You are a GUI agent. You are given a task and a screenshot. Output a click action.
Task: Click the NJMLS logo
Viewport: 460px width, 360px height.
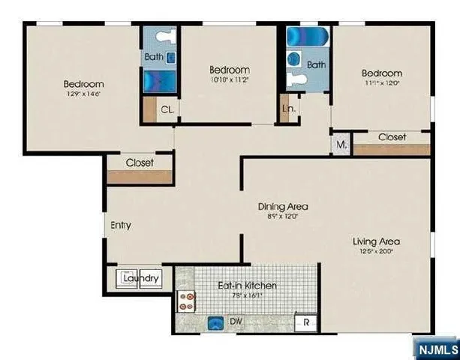[x=435, y=349]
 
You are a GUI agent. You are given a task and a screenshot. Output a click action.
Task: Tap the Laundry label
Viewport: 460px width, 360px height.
[x=141, y=279]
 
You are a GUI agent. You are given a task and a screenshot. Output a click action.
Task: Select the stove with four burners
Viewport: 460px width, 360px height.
[x=187, y=301]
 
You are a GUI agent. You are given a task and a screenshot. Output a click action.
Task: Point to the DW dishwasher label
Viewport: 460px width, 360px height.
[x=236, y=322]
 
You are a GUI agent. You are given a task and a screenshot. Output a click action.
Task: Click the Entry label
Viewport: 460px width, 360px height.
[x=121, y=225]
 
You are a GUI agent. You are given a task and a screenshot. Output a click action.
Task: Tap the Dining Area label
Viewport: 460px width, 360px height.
[x=283, y=206]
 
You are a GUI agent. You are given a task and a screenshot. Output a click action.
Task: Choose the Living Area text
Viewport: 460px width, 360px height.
[x=377, y=241]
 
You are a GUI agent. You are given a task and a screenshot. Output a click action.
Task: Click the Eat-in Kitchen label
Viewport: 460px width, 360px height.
[x=247, y=285]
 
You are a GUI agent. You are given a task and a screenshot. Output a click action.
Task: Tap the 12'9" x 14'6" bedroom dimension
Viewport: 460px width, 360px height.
[x=83, y=95]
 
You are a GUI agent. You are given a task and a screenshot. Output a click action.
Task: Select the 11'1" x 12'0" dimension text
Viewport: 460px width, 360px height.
[x=381, y=84]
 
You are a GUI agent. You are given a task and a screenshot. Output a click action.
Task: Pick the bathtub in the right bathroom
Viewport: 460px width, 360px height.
[x=305, y=37]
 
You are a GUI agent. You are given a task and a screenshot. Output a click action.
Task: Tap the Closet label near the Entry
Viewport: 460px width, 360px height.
[x=140, y=162]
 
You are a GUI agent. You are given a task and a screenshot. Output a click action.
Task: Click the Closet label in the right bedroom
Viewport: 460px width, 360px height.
[x=392, y=137]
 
